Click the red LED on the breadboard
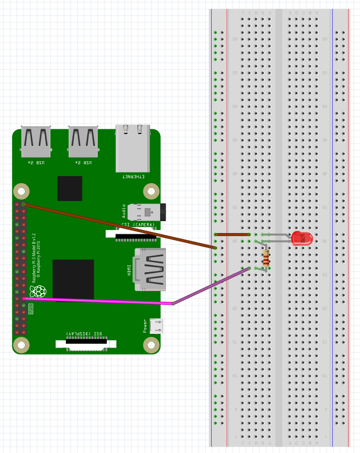(302, 238)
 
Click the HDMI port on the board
(150, 269)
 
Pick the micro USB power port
(157, 326)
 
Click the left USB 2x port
(36, 142)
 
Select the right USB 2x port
(83, 142)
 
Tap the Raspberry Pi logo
(39, 291)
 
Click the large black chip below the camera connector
(73, 279)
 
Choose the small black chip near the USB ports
(69, 188)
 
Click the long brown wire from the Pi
(119, 225)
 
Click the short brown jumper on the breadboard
(231, 234)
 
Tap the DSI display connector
(86, 343)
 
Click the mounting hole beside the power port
(151, 344)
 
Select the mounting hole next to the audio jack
(151, 191)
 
